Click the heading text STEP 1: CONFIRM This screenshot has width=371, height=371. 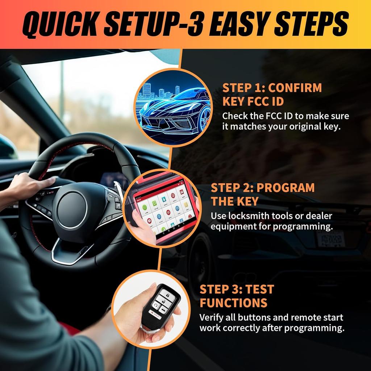point(272,88)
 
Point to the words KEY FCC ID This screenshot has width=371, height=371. point(253,101)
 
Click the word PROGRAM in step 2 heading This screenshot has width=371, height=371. point(285,188)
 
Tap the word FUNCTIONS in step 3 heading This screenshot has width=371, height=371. point(234,303)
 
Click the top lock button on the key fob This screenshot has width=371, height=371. point(167,295)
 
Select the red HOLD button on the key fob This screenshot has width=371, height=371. point(155,315)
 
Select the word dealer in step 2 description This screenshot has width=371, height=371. point(319,216)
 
